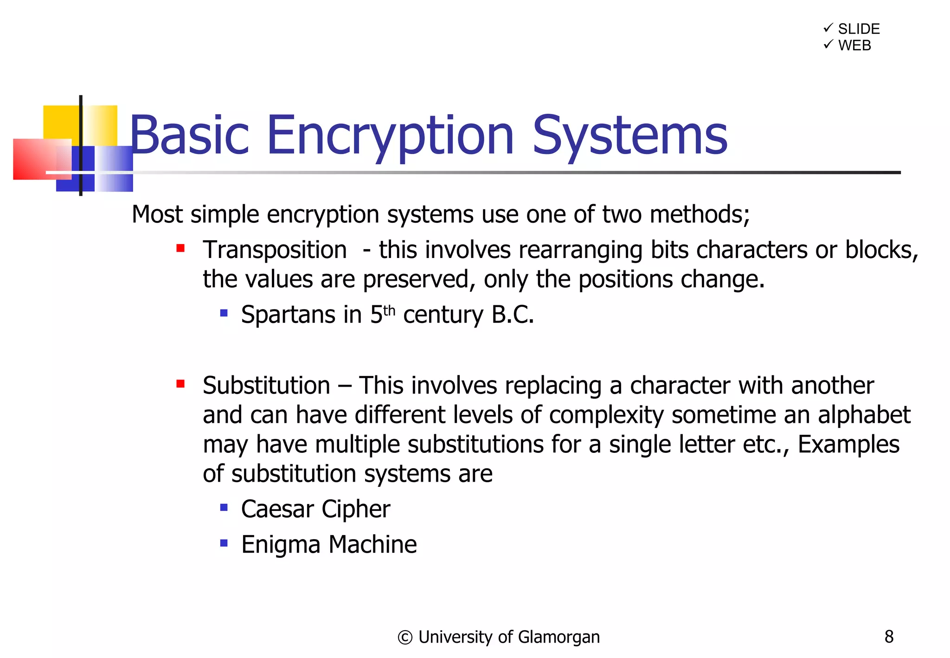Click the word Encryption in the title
[390, 136]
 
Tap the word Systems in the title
[629, 136]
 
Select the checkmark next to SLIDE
[828, 28]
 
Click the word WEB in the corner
[854, 45]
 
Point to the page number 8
[889, 637]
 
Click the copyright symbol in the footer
[404, 638]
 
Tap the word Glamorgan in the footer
[558, 638]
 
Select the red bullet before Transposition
[180, 249]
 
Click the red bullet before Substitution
[180, 384]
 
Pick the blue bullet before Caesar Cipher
[224, 508]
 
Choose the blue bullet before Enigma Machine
[224, 543]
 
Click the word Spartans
[288, 315]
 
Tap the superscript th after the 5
[389, 310]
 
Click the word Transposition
[275, 251]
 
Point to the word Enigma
[281, 545]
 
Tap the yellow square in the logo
[60, 121]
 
